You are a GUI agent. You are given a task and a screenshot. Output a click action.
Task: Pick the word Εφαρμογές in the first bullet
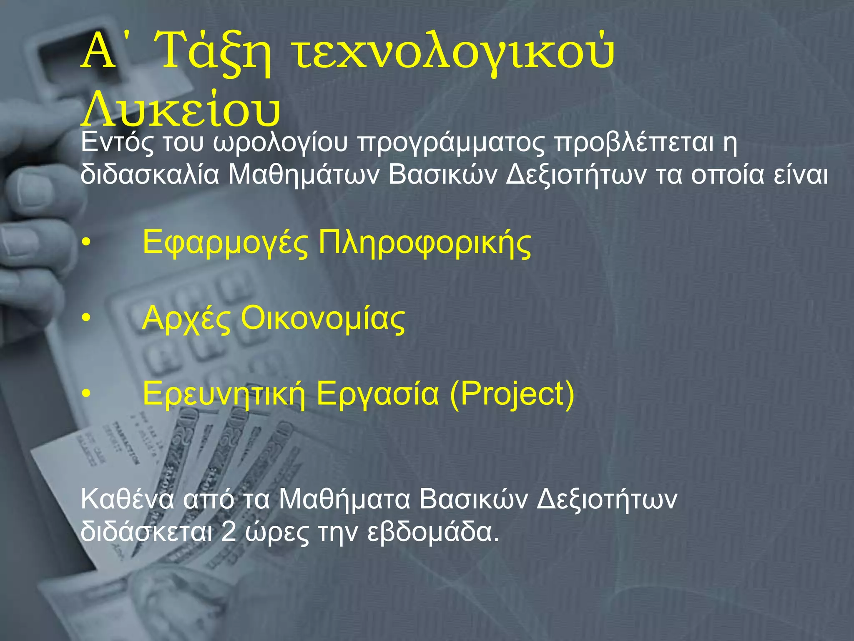coord(225,243)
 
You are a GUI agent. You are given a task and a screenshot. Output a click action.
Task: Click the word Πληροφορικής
coord(424,243)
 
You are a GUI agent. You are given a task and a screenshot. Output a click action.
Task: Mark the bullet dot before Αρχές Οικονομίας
coord(86,318)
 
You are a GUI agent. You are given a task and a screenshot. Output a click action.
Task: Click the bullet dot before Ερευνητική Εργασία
coord(86,394)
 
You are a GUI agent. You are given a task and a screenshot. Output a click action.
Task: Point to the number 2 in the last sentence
coord(229,532)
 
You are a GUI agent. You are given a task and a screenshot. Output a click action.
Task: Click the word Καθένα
coord(127,500)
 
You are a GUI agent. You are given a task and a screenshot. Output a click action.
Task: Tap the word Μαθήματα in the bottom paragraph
coord(344,500)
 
